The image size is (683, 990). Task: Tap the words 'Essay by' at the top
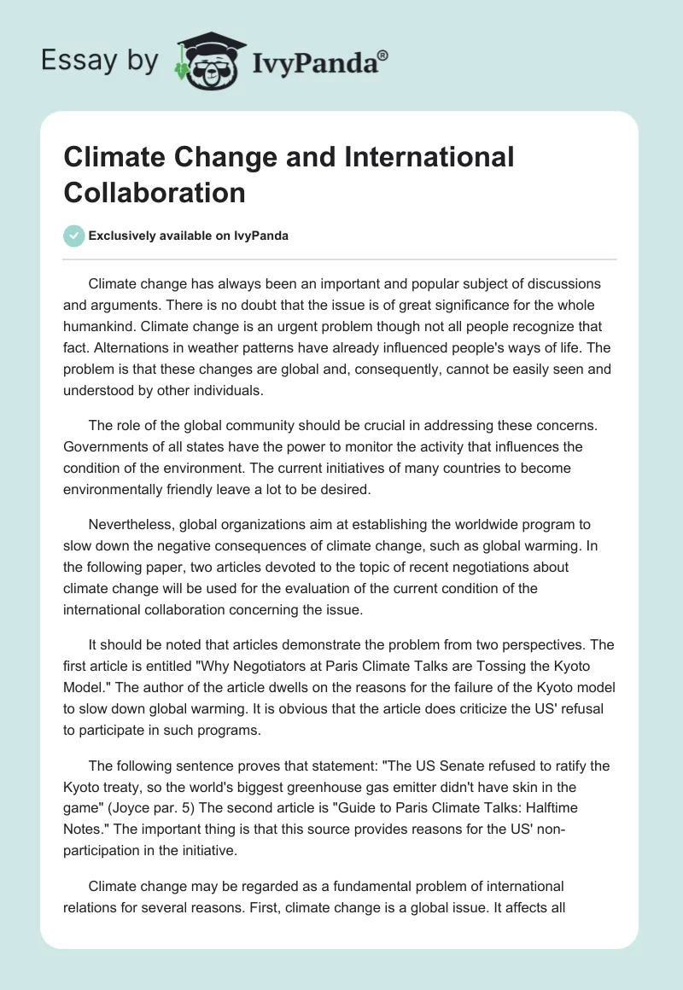point(99,61)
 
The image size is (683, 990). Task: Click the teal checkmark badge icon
point(74,236)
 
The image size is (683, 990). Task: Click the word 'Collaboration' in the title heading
point(155,192)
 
